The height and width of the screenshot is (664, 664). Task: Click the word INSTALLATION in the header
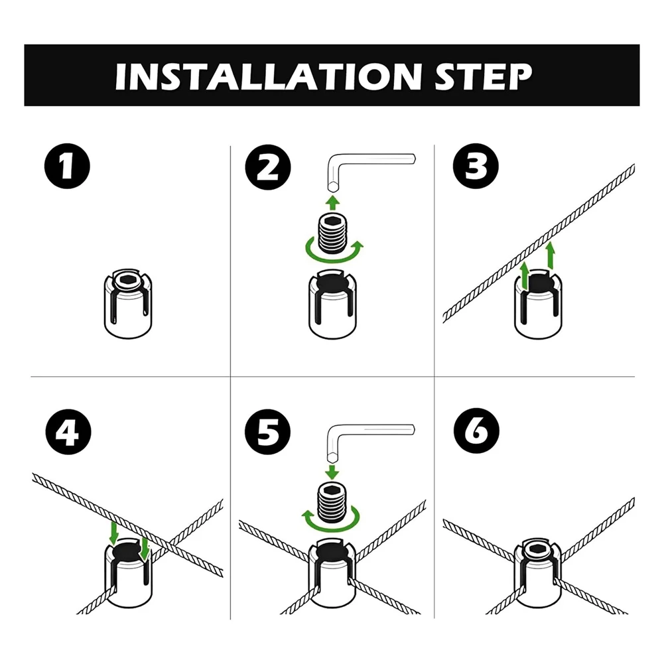(268, 77)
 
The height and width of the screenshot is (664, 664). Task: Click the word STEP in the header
(483, 77)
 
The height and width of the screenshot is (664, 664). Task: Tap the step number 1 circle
(67, 166)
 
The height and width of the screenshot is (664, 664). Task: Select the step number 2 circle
(267, 167)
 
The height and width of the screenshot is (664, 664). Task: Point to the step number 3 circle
(476, 166)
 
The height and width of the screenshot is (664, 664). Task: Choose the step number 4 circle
(68, 432)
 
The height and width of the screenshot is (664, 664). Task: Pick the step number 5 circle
(267, 432)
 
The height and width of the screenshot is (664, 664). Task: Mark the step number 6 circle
(476, 431)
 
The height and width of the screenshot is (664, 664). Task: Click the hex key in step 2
(334, 162)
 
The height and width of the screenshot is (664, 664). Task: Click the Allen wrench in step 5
(334, 432)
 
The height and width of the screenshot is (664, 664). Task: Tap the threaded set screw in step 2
(332, 233)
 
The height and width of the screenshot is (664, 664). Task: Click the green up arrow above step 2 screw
(333, 202)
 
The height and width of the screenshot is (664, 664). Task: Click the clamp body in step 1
(128, 303)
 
